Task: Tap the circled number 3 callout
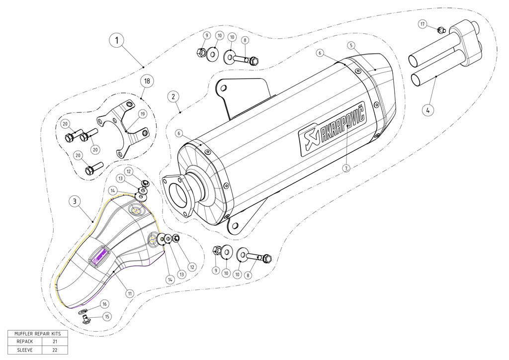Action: coord(74,201)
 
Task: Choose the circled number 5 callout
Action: coord(351,45)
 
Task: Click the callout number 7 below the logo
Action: coord(346,168)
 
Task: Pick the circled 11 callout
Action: coord(130,293)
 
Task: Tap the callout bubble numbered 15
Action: coord(107,316)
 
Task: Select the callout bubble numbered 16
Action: coord(104,304)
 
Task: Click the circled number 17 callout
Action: coord(423,24)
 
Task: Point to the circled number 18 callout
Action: coord(147,81)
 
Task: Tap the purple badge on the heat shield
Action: coord(98,257)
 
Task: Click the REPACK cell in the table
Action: coord(24,342)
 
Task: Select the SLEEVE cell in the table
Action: coord(24,350)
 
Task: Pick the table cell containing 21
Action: coord(55,342)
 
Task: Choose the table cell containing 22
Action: coord(55,350)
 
